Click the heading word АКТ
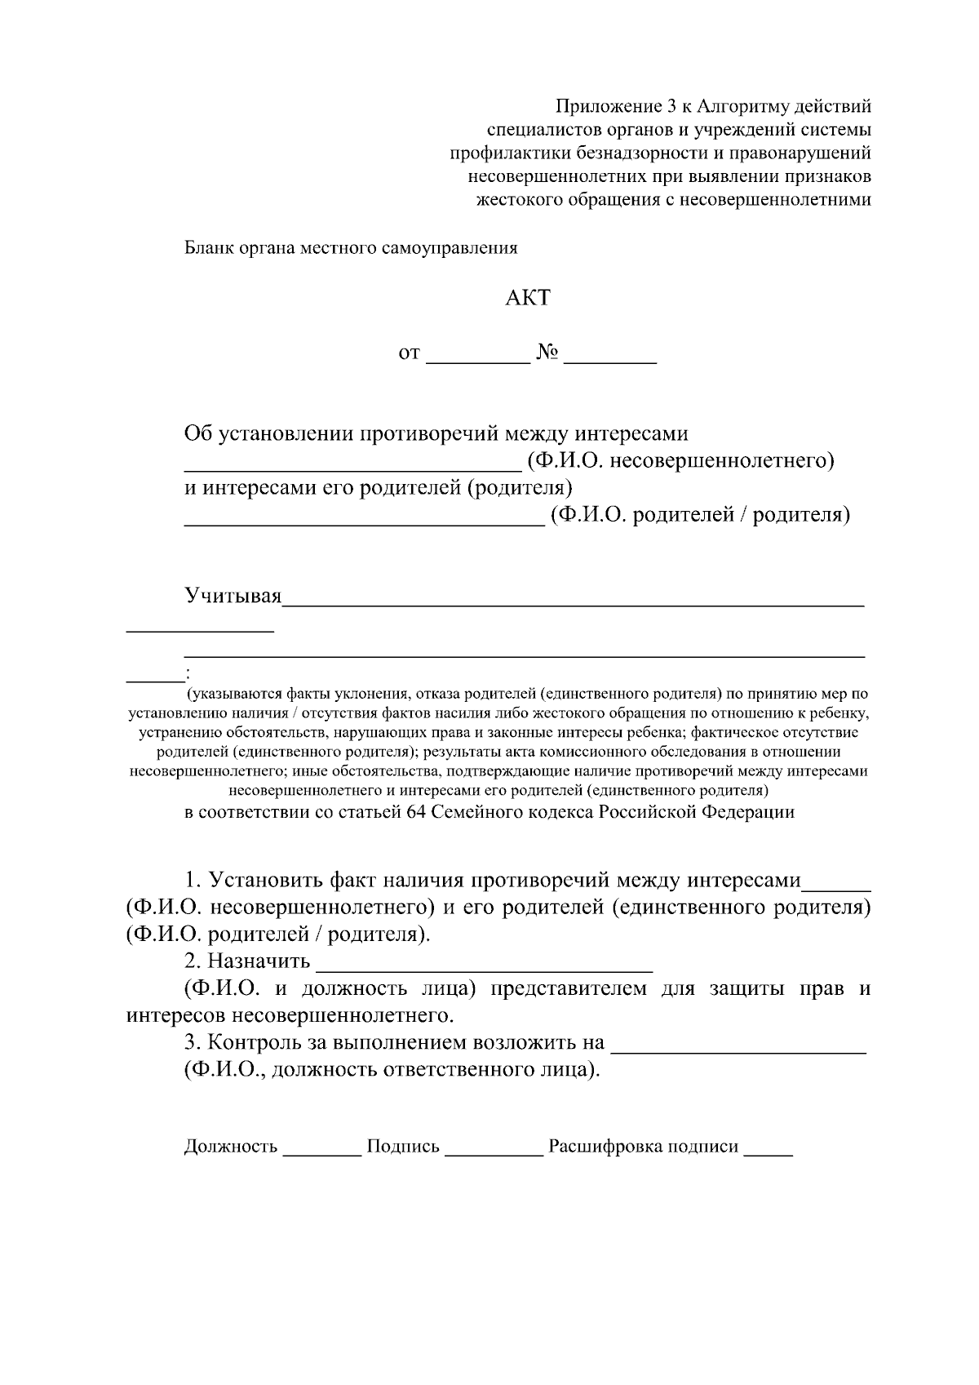[x=527, y=298]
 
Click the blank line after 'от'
[x=478, y=359]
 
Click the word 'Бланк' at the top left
[x=208, y=248]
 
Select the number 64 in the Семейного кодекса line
[x=415, y=812]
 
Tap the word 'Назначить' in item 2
[x=259, y=961]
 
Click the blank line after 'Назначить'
[x=484, y=969]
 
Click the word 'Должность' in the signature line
[x=231, y=1147]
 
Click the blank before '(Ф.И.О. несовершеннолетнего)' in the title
[x=352, y=468]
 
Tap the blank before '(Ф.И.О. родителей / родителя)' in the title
[x=363, y=522]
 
